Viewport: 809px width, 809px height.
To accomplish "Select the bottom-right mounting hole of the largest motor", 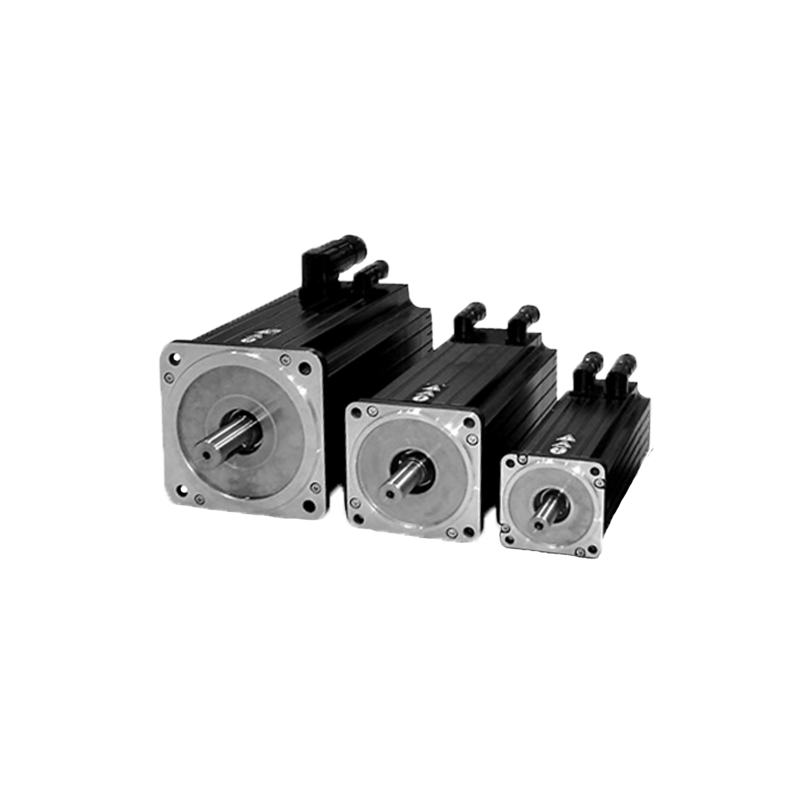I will tap(308, 504).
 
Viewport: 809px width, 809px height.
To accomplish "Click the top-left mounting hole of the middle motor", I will tap(356, 413).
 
